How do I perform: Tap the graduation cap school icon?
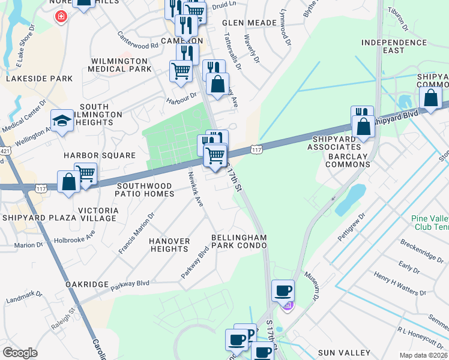[x=62, y=121]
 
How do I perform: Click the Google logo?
[x=20, y=353]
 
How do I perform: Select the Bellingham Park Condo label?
[x=239, y=242]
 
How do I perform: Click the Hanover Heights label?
[x=169, y=245]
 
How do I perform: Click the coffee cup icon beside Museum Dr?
[x=283, y=291]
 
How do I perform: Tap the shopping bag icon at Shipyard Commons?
[x=431, y=98]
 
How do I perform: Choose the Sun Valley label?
[x=346, y=350]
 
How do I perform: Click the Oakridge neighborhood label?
[x=88, y=284]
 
